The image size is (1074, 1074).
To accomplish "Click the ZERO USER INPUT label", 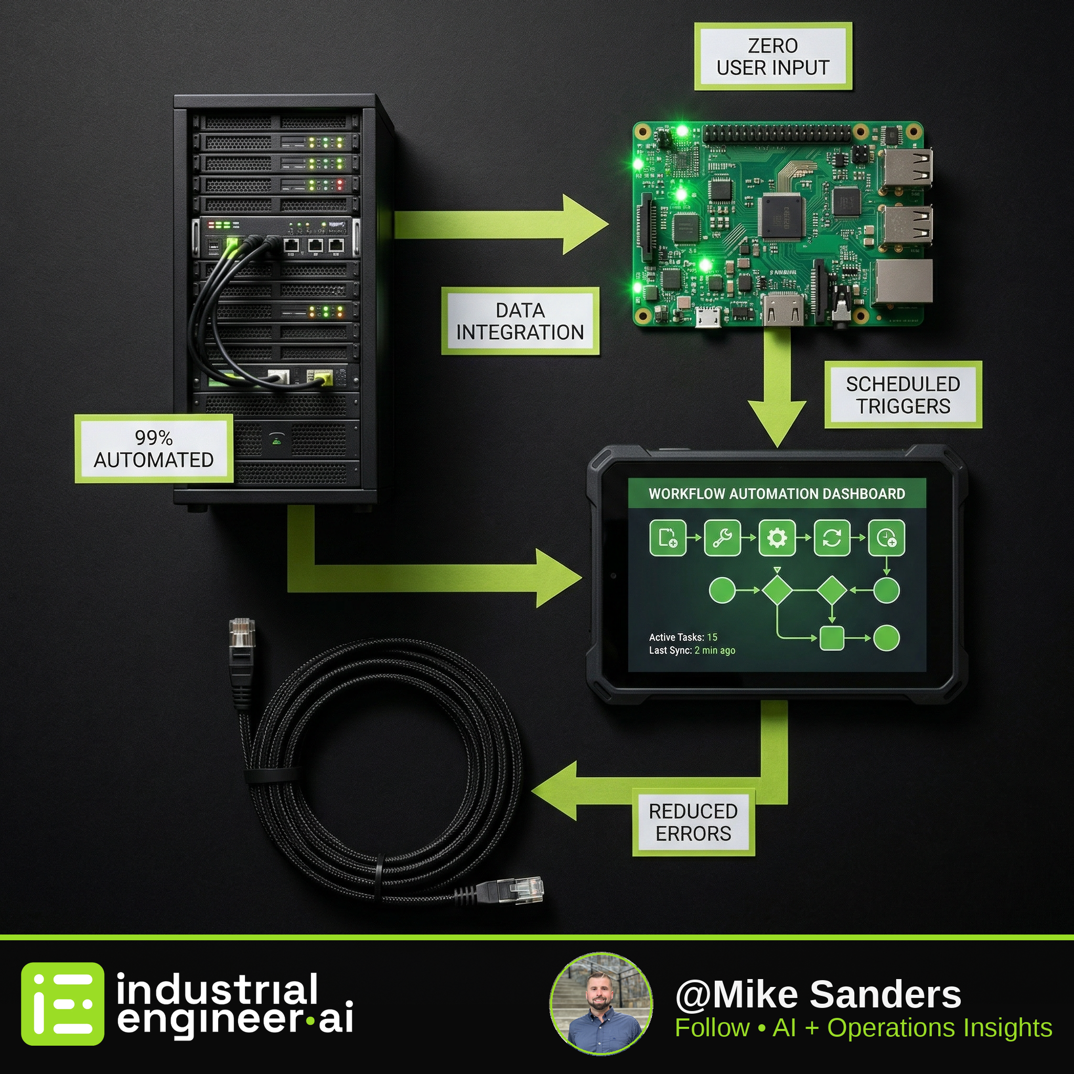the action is [772, 56].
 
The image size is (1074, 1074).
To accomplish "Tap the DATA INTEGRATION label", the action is [520, 321].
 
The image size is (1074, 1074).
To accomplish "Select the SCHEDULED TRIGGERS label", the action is [903, 395].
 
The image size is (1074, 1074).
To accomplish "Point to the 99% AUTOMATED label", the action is [154, 448].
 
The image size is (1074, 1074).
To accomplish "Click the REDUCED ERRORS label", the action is [693, 822].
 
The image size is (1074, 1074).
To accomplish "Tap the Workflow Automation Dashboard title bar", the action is [777, 493].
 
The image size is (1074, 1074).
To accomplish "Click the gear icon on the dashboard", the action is [777, 538].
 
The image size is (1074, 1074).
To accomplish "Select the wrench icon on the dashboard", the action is [722, 538].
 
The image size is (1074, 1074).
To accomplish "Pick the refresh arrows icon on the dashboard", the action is [832, 538].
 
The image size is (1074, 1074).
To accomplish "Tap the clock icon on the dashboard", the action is [886, 538].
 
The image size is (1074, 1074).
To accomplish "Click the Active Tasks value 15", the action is [712, 637].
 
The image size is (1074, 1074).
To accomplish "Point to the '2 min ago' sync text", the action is [715, 650].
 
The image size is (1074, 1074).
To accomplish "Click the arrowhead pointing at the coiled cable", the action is [554, 790].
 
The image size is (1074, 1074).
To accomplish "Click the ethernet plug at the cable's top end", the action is [242, 633].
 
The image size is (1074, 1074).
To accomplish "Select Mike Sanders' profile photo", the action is [601, 1004].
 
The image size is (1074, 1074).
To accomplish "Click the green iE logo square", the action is [62, 1004].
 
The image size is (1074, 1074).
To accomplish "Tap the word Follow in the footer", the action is [712, 1028].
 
